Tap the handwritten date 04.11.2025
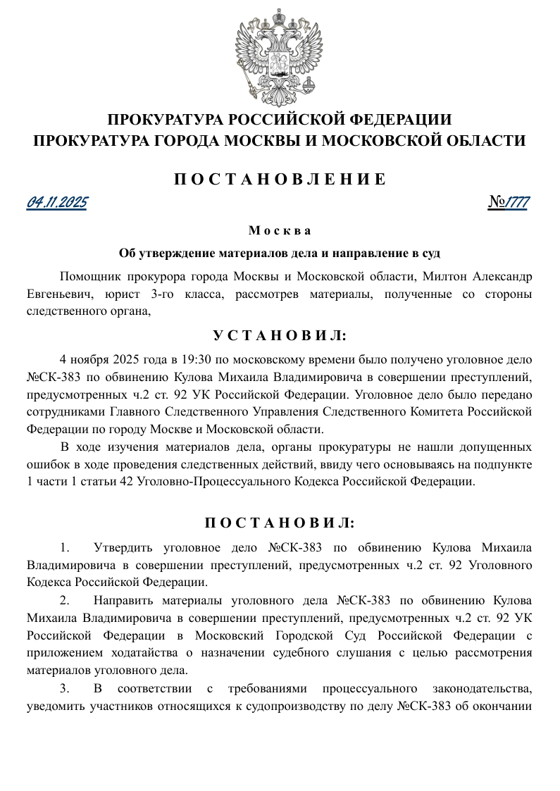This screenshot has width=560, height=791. pos(57,203)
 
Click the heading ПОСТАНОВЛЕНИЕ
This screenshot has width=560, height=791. pos(280,179)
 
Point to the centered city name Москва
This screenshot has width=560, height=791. pos(280,230)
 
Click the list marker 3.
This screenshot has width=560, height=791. pos(64,688)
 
